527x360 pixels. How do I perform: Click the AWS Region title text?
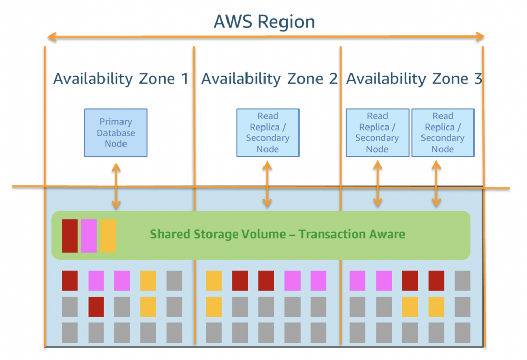[x=264, y=22]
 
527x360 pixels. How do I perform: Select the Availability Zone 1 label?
[x=120, y=79]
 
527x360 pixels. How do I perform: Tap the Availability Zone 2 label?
[x=269, y=79]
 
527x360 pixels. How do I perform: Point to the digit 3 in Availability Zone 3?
[x=478, y=79]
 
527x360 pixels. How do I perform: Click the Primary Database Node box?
[x=116, y=133]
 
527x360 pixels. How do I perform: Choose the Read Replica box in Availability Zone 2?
[x=268, y=133]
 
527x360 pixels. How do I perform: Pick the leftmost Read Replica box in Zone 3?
[x=377, y=133]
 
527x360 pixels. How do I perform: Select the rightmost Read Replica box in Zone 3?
[x=443, y=133]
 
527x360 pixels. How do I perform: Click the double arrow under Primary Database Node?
[x=116, y=186]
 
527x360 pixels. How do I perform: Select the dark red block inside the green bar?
[x=69, y=236]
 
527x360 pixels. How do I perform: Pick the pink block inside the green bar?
[x=89, y=236]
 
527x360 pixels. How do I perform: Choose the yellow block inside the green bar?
[x=108, y=236]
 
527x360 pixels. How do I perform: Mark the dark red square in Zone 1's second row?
[x=96, y=307]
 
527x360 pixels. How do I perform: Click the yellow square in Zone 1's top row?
[x=148, y=280]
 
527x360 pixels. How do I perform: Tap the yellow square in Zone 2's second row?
[x=214, y=307]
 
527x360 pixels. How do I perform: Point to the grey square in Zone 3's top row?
[x=462, y=280]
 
